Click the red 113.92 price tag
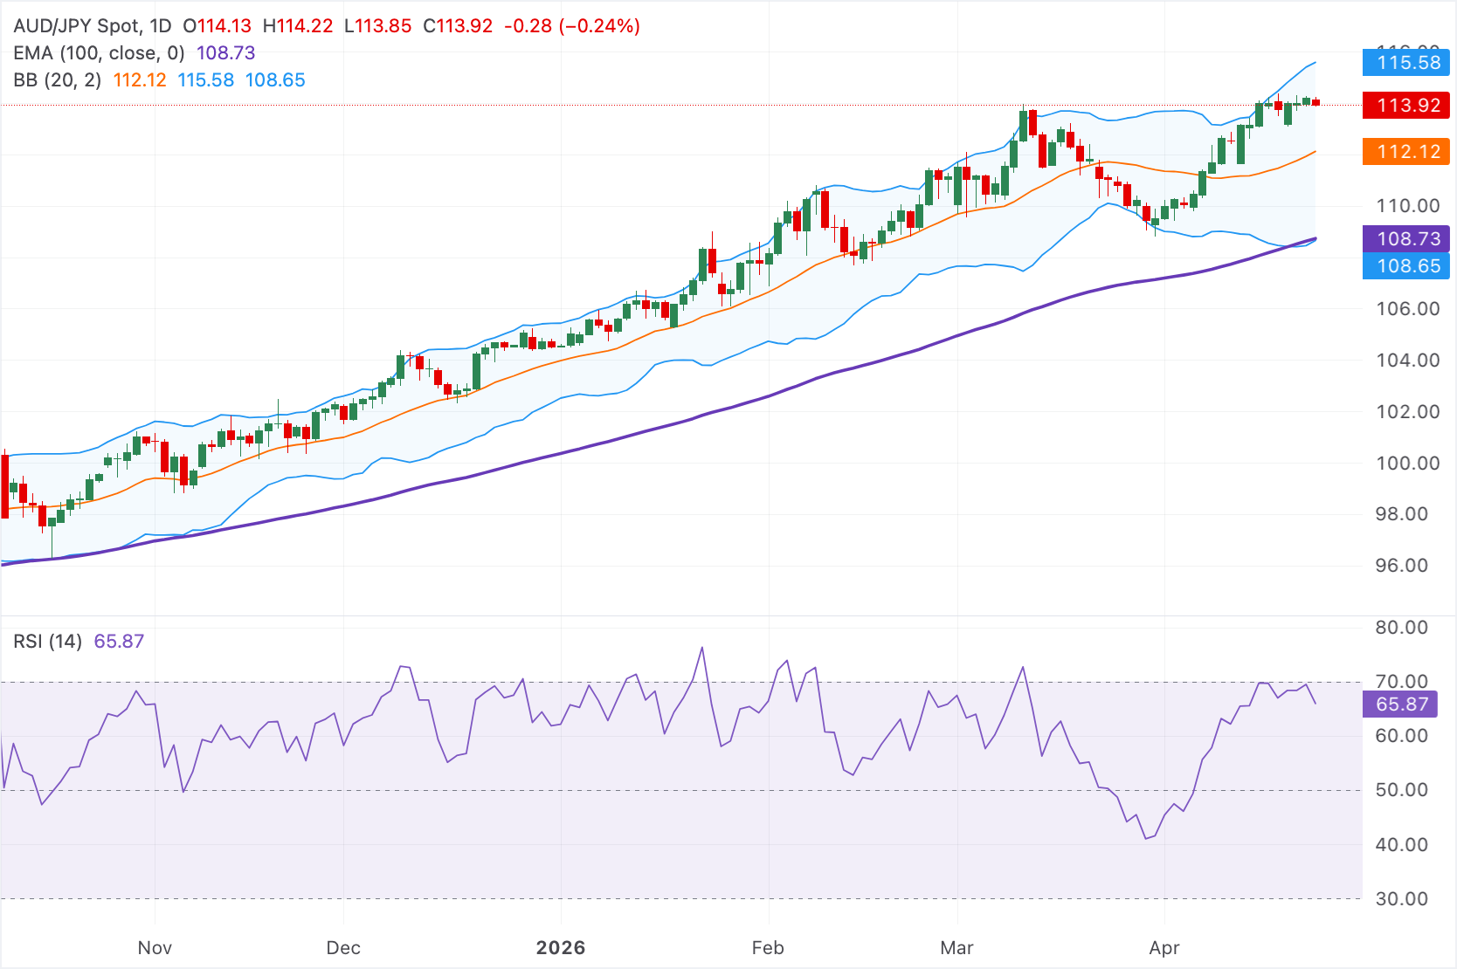pyautogui.click(x=1405, y=106)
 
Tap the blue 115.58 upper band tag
pyautogui.click(x=1405, y=63)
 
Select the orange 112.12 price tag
pyautogui.click(x=1405, y=152)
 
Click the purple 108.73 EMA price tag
pyautogui.click(x=1405, y=238)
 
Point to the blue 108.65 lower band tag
pyautogui.click(x=1405, y=266)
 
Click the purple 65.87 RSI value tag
pyautogui.click(x=1399, y=704)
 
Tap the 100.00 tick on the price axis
pyautogui.click(x=1407, y=464)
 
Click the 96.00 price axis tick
pyautogui.click(x=1407, y=566)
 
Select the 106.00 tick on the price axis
pyautogui.click(x=1407, y=309)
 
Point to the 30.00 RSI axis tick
pyautogui.click(x=1401, y=899)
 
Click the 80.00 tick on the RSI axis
pyautogui.click(x=1401, y=628)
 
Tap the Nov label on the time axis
pyautogui.click(x=155, y=948)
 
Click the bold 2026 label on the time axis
pyautogui.click(x=561, y=948)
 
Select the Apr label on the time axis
pyautogui.click(x=1164, y=948)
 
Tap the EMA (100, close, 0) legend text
pyautogui.click(x=99, y=53)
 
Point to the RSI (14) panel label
pyautogui.click(x=47, y=642)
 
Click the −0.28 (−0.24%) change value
pyautogui.click(x=572, y=26)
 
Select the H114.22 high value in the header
pyautogui.click(x=298, y=26)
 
